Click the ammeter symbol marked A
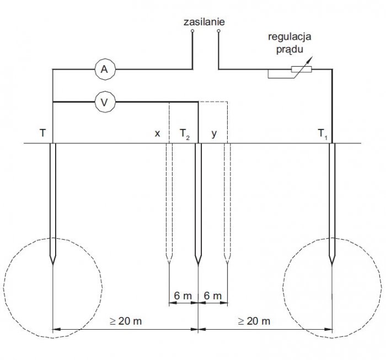105,69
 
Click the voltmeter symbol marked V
105,102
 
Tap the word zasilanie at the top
204,22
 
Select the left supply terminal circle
192,31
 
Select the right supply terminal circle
218,31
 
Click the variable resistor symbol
301,69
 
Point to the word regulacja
289,37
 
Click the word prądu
289,50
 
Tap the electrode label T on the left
42,133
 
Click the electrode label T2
185,134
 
